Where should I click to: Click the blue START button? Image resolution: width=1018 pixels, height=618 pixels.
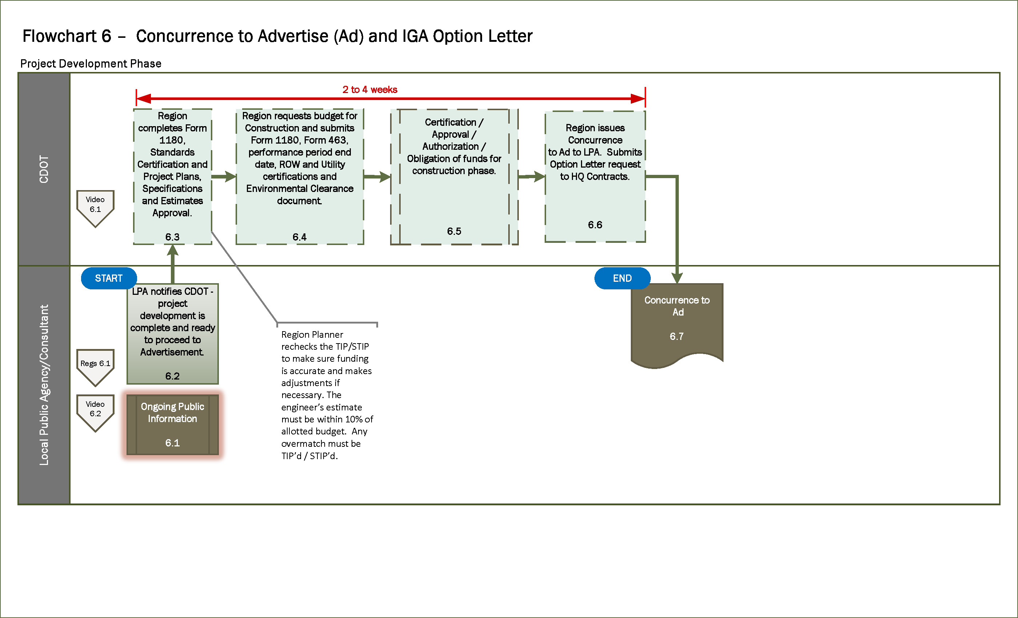109,278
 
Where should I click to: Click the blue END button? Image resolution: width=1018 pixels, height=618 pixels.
622,278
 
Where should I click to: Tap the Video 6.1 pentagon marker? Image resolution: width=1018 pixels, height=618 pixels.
95,206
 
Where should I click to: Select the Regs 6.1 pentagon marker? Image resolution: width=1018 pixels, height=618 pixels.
95,365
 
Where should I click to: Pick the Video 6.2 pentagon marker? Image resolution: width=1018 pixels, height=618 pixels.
95,411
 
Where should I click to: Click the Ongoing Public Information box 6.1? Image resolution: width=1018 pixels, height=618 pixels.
172,424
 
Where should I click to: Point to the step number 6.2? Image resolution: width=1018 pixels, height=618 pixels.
172,376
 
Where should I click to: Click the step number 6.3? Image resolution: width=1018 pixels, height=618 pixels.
172,237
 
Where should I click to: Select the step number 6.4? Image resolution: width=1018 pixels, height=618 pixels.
300,237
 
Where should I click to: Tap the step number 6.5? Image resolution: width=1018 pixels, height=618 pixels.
454,231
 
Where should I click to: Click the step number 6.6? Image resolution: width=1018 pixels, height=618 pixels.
595,225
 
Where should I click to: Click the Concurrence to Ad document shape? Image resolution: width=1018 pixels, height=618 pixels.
677,322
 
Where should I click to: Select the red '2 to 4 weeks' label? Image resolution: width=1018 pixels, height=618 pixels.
370,90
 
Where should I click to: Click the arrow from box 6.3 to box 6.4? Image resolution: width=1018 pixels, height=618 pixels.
224,176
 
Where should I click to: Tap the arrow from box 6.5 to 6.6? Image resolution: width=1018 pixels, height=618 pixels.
531,176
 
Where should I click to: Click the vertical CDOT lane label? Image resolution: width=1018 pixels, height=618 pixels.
44,169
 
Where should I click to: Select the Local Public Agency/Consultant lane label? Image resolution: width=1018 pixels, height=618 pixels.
44,385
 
